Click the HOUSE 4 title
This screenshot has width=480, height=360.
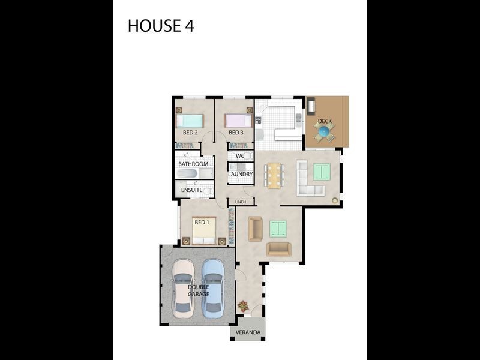[x=161, y=26]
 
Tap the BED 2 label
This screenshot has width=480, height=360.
[x=190, y=133]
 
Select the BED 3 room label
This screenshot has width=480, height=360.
[x=236, y=133]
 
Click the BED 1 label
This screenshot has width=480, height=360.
[x=202, y=222]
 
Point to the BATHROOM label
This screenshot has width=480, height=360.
[x=193, y=164]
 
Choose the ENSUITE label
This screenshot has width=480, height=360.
[x=191, y=190]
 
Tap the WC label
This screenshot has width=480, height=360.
[x=240, y=156]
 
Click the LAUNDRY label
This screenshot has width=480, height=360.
[x=240, y=175]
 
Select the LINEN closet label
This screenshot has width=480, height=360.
[x=241, y=202]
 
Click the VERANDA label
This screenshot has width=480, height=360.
[x=248, y=332]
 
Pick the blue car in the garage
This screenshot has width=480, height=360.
[x=212, y=288]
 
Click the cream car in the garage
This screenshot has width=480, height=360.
[x=183, y=288]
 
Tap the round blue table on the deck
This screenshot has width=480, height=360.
[x=324, y=131]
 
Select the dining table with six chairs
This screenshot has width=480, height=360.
[x=274, y=175]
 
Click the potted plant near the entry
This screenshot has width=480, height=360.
[x=243, y=306]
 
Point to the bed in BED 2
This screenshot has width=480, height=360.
[x=190, y=120]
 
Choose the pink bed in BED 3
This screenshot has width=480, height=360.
[x=238, y=120]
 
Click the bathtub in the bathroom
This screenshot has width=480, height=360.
[x=187, y=174]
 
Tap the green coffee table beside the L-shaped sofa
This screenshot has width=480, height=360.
[x=322, y=172]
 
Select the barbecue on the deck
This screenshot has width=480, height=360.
[x=311, y=106]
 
